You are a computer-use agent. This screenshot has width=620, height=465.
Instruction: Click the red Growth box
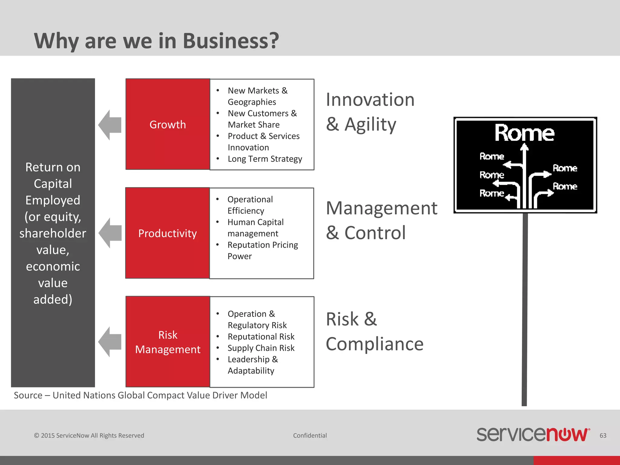click(x=168, y=124)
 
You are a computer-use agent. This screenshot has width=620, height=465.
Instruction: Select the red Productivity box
click(x=167, y=233)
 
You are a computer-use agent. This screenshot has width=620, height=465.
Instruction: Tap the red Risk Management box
click(x=168, y=342)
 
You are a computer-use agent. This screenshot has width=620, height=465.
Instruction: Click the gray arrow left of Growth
click(x=110, y=125)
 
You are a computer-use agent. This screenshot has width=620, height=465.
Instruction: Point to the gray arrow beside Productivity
click(x=110, y=233)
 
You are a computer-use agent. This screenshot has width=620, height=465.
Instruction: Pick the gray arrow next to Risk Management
click(x=110, y=342)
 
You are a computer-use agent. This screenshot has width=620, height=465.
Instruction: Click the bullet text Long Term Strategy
click(x=265, y=159)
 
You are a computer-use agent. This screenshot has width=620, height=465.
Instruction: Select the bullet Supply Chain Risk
click(x=261, y=348)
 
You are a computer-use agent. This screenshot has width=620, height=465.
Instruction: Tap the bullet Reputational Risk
click(x=261, y=337)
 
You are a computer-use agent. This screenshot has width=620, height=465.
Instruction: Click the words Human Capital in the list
click(x=256, y=222)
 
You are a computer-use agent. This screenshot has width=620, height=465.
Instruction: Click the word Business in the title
click(x=231, y=41)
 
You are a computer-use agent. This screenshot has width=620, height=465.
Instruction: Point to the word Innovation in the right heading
click(x=370, y=100)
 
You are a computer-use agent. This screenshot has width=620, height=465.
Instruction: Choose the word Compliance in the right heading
click(x=374, y=344)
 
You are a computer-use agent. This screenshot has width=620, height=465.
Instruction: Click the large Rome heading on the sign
click(x=524, y=133)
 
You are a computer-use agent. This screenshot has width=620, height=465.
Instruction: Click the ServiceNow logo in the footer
click(x=533, y=434)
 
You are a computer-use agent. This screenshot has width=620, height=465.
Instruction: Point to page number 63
click(x=603, y=436)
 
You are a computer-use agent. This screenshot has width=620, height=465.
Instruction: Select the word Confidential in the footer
click(x=310, y=436)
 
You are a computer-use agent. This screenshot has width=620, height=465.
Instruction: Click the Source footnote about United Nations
click(x=140, y=395)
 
